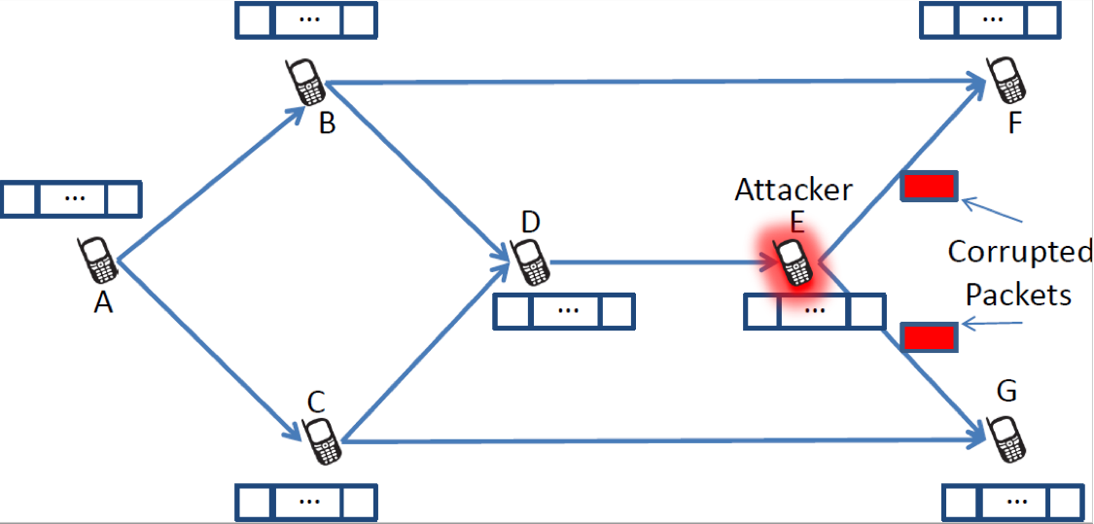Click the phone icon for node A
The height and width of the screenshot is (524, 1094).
pyautogui.click(x=98, y=262)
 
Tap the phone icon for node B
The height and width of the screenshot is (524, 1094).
pyautogui.click(x=306, y=83)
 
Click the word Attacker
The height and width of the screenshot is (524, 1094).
pyautogui.click(x=793, y=190)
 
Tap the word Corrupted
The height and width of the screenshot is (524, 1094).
pyautogui.click(x=1020, y=252)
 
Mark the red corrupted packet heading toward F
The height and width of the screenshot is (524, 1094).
pyautogui.click(x=931, y=186)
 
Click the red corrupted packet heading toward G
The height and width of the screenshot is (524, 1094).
pyautogui.click(x=931, y=337)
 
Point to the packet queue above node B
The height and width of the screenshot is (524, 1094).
pyautogui.click(x=305, y=21)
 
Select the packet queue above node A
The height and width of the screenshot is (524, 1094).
pyautogui.click(x=71, y=198)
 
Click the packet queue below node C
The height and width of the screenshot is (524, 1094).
pyautogui.click(x=306, y=503)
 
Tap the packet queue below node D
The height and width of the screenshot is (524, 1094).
pyautogui.click(x=564, y=311)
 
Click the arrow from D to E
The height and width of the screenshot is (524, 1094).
pyautogui.click(x=661, y=262)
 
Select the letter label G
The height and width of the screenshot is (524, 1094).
pyautogui.click(x=1006, y=392)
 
